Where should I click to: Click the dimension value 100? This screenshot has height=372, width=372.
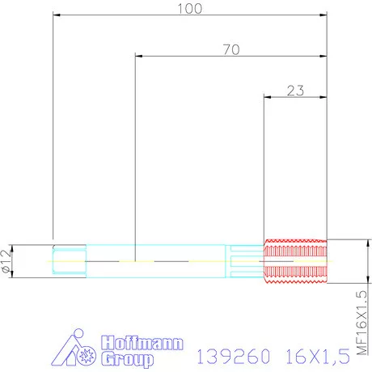(189, 8)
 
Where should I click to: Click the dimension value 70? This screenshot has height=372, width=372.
(231, 49)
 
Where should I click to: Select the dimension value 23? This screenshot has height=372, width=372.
(295, 91)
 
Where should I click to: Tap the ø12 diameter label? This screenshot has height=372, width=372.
(7, 260)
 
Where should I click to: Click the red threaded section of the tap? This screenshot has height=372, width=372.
(295, 261)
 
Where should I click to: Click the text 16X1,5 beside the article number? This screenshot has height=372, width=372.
(316, 354)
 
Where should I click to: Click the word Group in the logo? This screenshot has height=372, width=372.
(127, 359)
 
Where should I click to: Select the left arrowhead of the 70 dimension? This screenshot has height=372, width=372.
(139, 56)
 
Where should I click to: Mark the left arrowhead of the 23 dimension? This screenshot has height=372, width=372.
(268, 98)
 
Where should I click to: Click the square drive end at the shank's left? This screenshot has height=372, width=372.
(69, 261)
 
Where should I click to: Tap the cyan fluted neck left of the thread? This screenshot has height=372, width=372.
(247, 261)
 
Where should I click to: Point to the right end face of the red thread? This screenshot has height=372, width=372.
(327, 261)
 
